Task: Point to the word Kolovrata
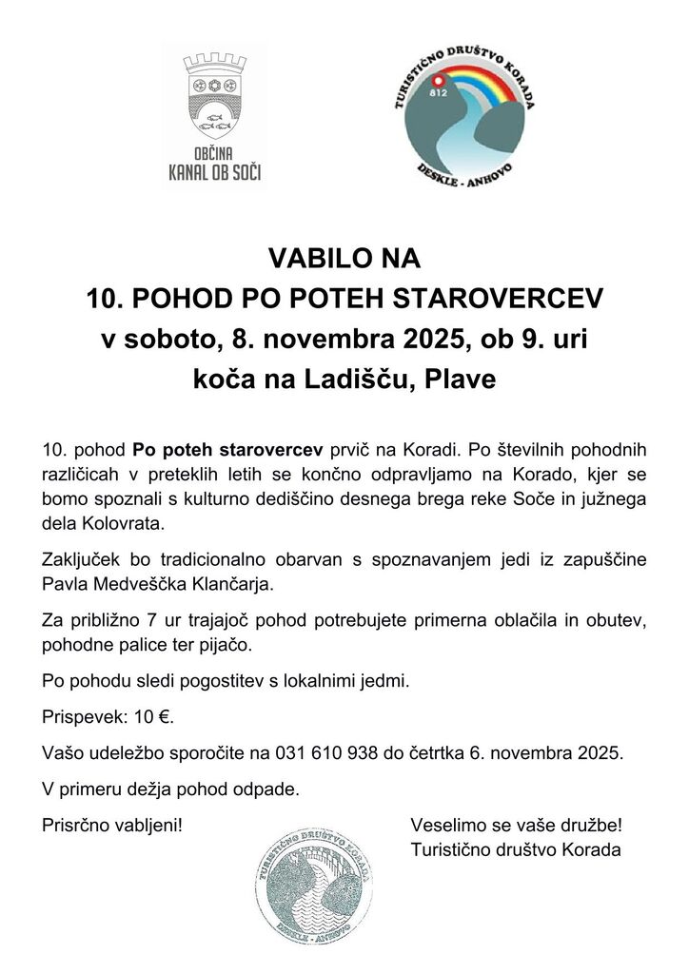pyautogui.click(x=122, y=523)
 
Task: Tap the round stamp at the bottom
pyautogui.click(x=310, y=875)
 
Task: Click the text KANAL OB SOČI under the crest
pyautogui.click(x=214, y=172)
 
